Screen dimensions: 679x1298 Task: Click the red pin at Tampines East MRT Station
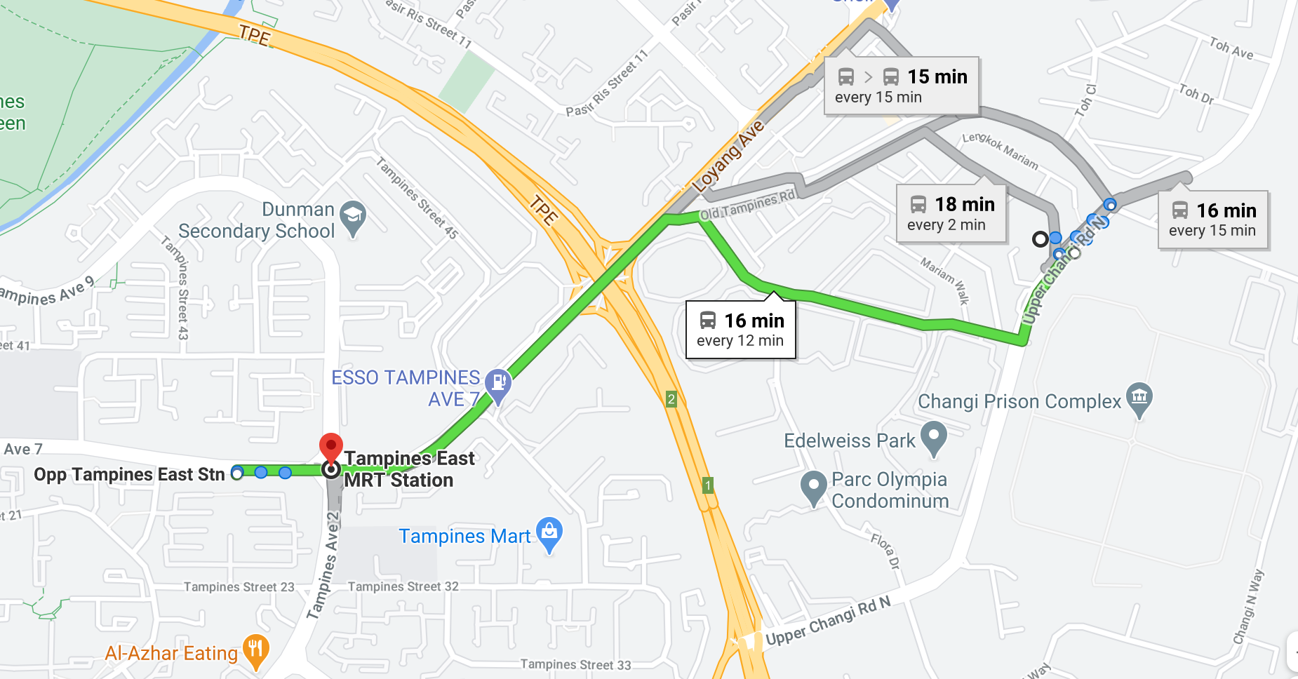coord(330,447)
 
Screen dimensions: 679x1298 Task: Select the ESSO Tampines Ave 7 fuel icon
coord(498,383)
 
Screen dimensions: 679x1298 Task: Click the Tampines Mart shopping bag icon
coord(549,532)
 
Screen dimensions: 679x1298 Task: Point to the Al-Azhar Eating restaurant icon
coord(255,650)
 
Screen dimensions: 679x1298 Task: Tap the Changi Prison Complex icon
coord(1139,397)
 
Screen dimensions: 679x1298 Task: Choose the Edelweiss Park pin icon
coord(934,437)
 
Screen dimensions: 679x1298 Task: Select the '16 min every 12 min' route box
coord(740,330)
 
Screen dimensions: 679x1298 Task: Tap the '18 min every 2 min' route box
coord(951,214)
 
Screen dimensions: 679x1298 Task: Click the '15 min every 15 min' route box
coord(901,86)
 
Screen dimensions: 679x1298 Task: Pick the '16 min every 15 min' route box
coord(1212,220)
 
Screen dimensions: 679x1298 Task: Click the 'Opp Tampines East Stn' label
coord(129,475)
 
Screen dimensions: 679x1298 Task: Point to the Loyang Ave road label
coord(728,156)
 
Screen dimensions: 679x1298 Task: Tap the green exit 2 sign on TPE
coord(671,399)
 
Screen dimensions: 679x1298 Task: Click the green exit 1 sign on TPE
coord(708,485)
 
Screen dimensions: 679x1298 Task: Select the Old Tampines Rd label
coord(748,205)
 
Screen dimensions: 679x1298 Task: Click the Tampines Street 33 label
coord(575,664)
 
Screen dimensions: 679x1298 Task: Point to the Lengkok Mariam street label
coord(1000,150)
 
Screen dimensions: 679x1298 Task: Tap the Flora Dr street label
coord(885,551)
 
